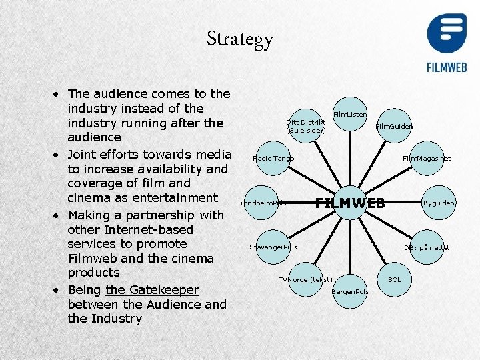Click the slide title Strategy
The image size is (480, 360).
tap(239, 39)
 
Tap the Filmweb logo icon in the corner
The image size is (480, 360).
tap(447, 34)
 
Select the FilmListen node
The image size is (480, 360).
tap(349, 115)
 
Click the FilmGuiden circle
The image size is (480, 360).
tap(393, 126)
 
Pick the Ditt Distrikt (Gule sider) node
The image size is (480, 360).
tap(306, 125)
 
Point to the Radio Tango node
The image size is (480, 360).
tap(273, 159)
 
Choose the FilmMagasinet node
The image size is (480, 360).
tap(427, 159)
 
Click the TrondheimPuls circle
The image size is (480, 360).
tap(261, 202)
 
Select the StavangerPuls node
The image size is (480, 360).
tap(273, 247)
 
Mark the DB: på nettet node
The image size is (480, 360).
tap(427, 247)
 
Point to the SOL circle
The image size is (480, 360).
tap(395, 279)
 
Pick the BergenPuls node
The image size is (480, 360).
tap(350, 291)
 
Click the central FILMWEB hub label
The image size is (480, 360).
tap(350, 203)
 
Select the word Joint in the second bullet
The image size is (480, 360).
tap(83, 154)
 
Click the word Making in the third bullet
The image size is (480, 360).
tap(91, 215)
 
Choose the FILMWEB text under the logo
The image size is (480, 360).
tap(447, 67)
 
